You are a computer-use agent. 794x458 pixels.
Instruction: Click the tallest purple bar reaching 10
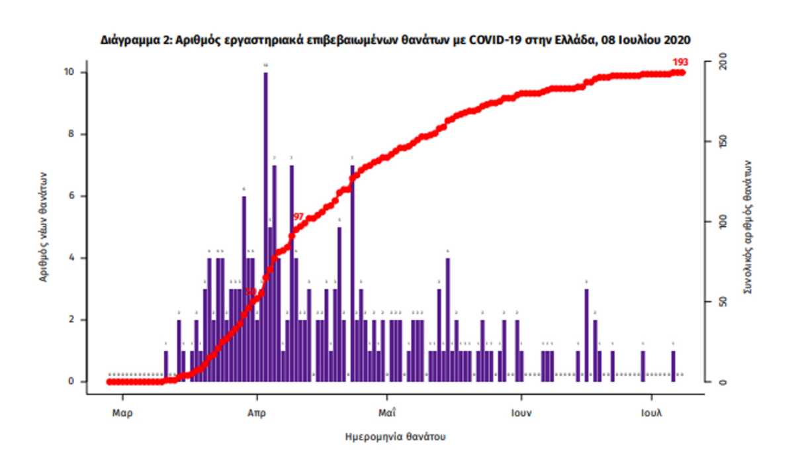point(265,225)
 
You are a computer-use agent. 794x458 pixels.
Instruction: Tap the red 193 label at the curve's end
point(680,62)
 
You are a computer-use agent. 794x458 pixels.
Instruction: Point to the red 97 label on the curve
point(298,217)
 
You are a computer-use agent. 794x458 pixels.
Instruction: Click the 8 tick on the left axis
point(72,134)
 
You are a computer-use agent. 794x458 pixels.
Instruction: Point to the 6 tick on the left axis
point(72,196)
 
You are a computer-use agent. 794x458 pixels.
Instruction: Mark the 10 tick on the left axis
point(70,72)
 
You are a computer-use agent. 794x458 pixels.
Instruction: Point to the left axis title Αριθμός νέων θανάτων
point(44,227)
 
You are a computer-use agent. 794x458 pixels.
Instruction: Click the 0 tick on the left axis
point(72,382)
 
